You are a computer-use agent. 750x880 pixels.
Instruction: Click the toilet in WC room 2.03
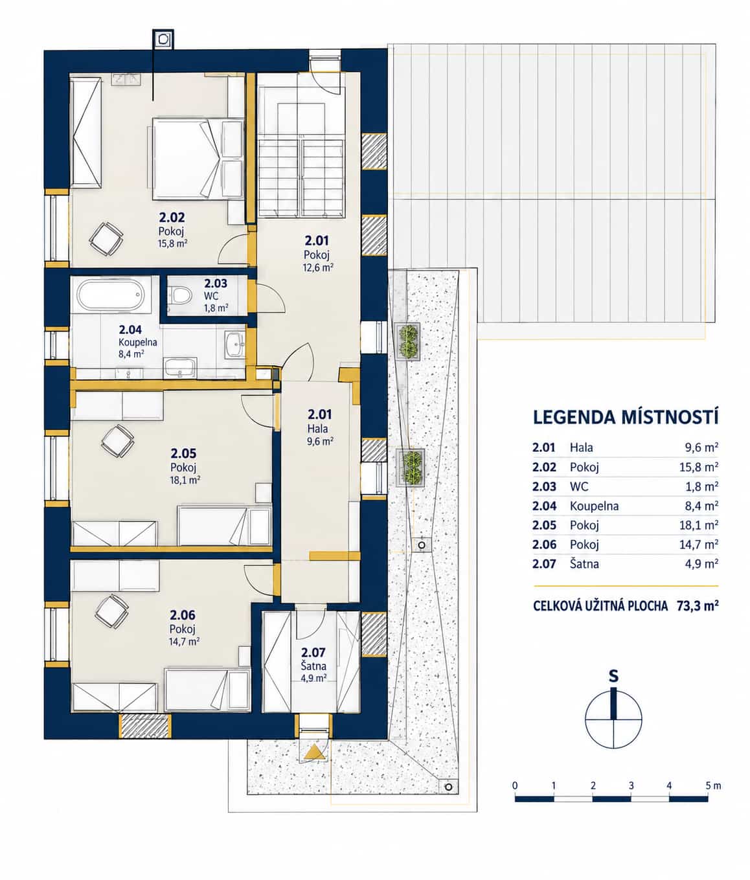(180, 295)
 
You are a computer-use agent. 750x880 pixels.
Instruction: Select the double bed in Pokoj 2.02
(198, 159)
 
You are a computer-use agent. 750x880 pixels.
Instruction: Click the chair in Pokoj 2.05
(117, 441)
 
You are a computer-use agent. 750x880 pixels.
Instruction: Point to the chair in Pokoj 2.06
(111, 611)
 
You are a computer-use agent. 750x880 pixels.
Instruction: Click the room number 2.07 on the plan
(313, 653)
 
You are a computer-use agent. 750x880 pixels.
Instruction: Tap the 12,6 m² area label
(318, 268)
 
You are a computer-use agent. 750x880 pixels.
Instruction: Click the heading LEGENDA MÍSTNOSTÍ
(626, 418)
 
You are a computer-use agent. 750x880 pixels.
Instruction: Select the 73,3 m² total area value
(698, 605)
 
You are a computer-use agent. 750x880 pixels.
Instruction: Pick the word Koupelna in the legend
(594, 506)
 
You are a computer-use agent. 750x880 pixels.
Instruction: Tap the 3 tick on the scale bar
(631, 785)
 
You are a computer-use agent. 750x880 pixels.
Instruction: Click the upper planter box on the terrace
(407, 341)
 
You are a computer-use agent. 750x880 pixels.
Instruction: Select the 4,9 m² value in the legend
(702, 563)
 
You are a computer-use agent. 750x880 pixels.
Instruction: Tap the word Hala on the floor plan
(318, 428)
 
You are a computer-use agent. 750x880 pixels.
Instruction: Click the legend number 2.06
(544, 545)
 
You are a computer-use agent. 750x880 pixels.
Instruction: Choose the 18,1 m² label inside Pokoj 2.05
(185, 480)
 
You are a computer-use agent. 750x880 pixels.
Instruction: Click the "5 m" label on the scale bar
(713, 785)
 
